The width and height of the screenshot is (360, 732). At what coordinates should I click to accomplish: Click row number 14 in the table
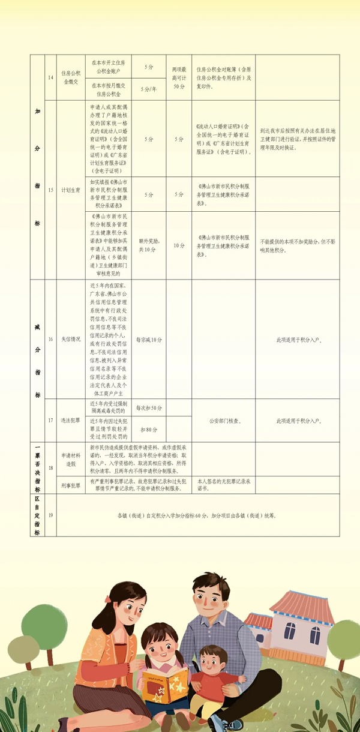[x=50, y=78]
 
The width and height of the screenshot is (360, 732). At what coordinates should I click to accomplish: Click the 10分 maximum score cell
[x=179, y=245]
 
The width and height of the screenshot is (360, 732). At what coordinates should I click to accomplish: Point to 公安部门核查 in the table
[x=223, y=421]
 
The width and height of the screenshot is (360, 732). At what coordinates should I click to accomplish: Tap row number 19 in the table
[x=50, y=515]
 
